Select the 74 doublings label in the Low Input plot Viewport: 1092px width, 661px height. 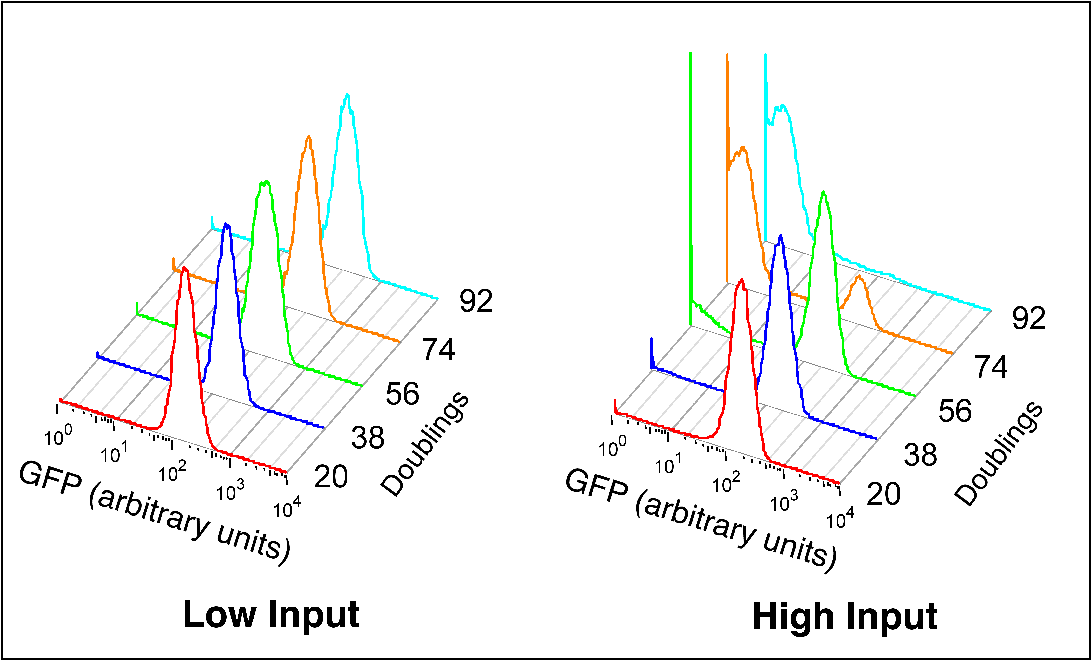[x=438, y=350]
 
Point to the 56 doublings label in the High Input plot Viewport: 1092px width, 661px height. [x=955, y=411]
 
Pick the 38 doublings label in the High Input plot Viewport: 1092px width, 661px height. [x=920, y=455]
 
